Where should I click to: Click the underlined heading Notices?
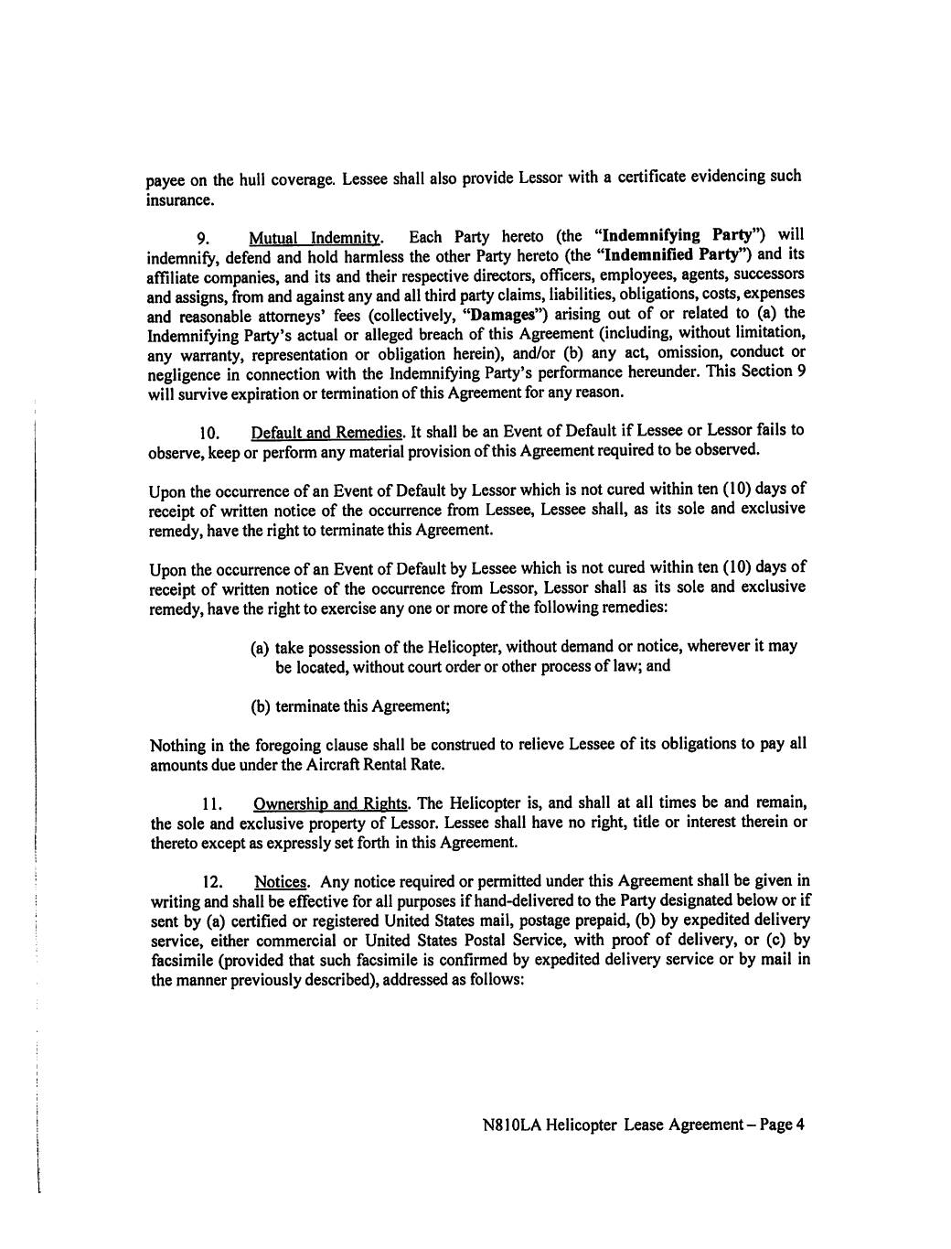point(281,881)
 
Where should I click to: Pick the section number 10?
point(210,432)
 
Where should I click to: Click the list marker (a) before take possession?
point(260,647)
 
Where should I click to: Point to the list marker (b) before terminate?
point(260,705)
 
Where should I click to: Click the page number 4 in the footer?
point(798,1125)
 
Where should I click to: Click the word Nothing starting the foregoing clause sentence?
point(176,745)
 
